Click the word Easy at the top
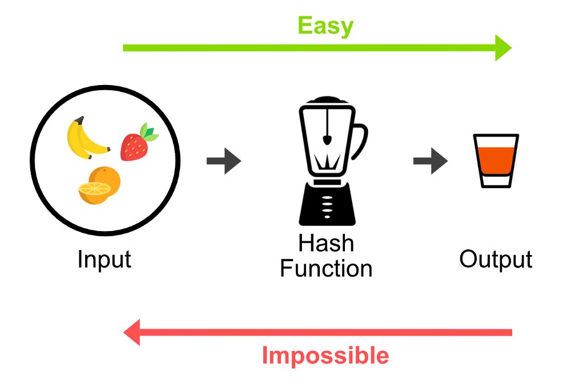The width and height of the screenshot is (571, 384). click(325, 26)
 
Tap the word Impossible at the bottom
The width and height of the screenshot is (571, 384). click(325, 355)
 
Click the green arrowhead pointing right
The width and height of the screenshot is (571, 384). click(502, 47)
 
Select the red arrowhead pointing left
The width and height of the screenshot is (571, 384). click(132, 332)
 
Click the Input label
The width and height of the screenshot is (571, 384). click(104, 260)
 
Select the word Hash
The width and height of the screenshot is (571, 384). click(326, 244)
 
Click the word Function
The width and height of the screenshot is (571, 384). click(326, 268)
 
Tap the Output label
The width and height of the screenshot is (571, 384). click(496, 260)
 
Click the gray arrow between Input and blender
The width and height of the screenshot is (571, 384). click(223, 161)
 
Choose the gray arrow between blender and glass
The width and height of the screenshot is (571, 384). click(430, 161)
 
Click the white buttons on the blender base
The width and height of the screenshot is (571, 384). click(327, 204)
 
